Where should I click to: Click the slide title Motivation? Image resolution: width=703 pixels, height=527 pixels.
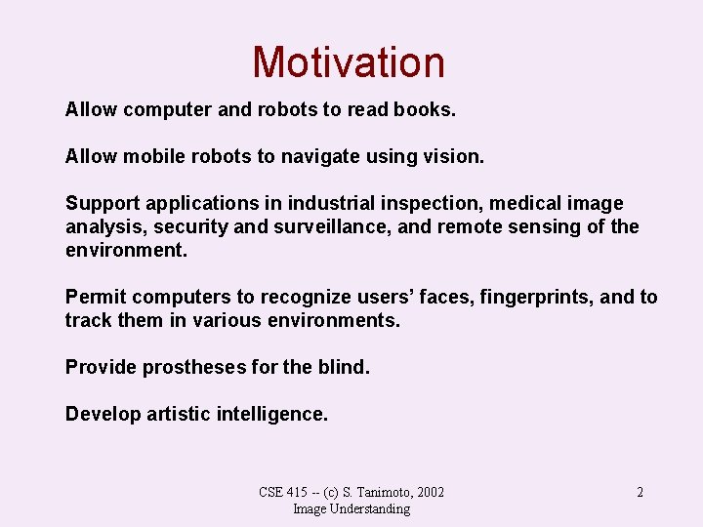(x=349, y=62)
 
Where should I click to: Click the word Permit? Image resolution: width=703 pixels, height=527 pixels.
(x=96, y=297)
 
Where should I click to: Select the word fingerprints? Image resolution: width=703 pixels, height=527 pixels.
(x=537, y=297)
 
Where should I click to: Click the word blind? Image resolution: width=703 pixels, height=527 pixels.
(x=344, y=367)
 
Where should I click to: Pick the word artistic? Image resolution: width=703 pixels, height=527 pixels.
(x=177, y=414)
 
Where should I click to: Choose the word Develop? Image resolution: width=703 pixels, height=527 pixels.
(x=103, y=414)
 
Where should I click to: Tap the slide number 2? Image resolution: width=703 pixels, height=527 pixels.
(x=640, y=492)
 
